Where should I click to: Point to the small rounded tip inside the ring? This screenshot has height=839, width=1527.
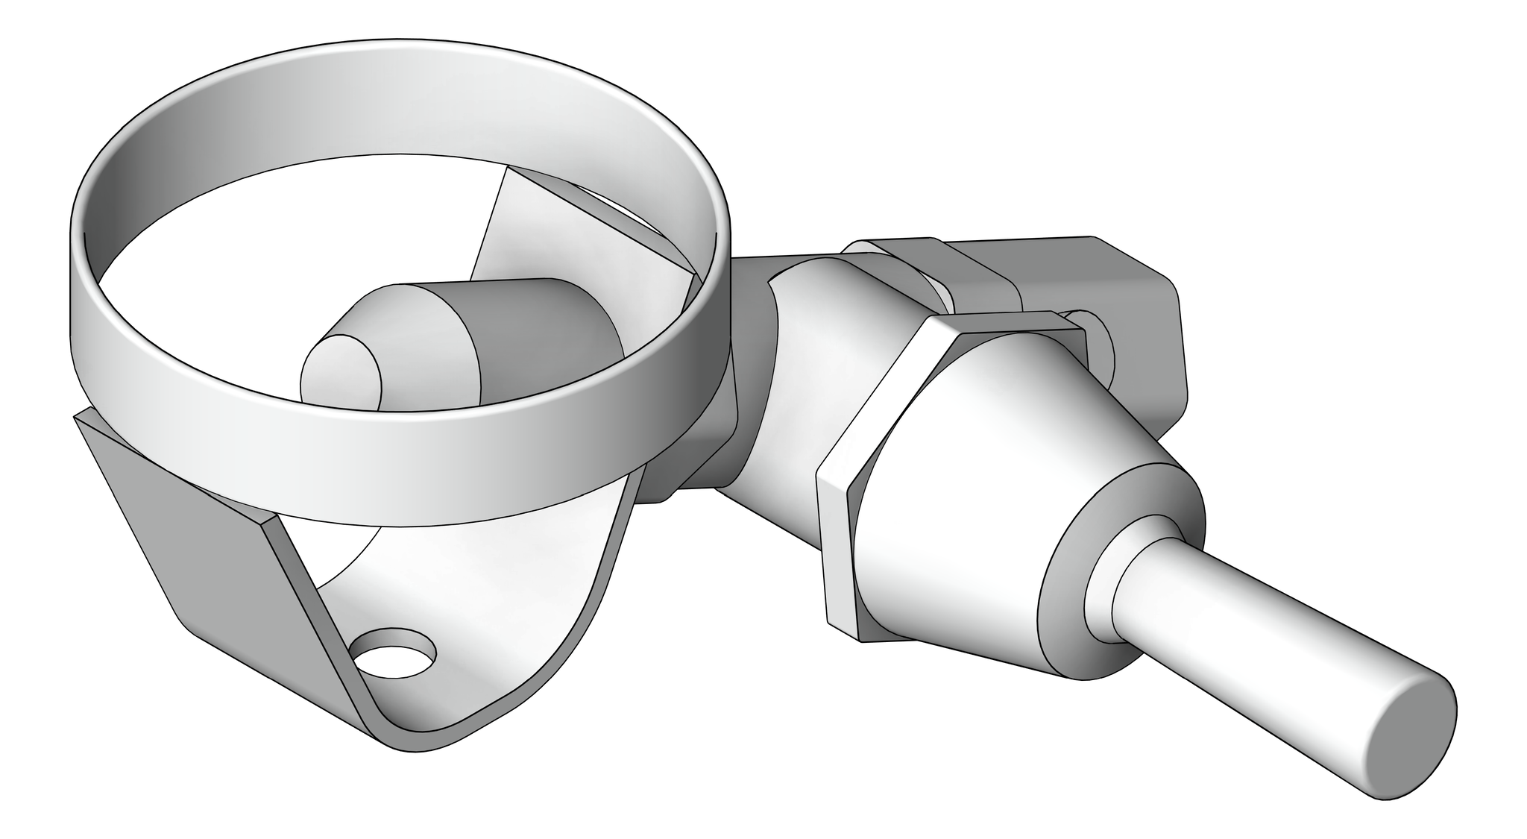[339, 373]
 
